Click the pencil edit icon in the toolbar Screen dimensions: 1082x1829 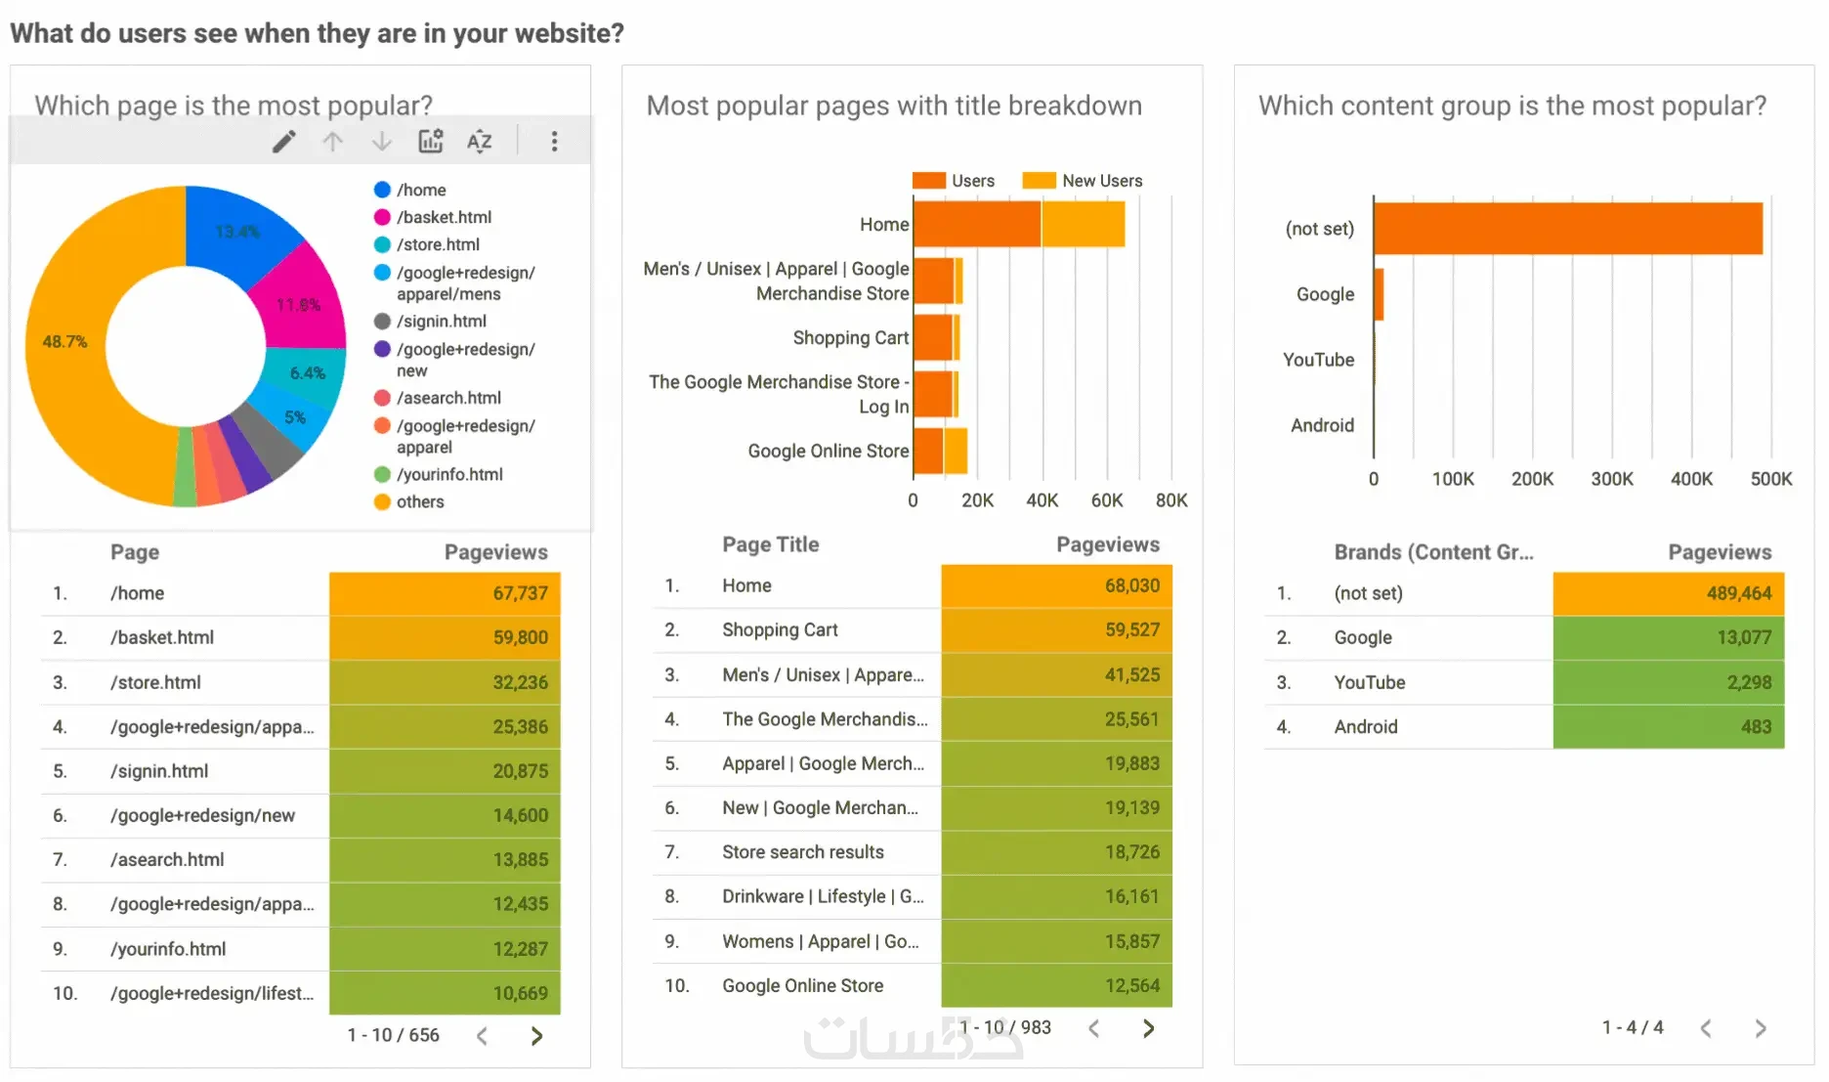pos(283,142)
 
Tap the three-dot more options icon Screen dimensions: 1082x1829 pos(554,142)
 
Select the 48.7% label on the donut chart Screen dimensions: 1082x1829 pos(64,341)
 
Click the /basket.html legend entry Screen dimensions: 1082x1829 pos(444,217)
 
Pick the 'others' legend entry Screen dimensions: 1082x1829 pos(420,501)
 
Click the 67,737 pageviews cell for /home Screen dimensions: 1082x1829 pos(445,593)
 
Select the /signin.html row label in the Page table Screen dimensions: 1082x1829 pos(159,771)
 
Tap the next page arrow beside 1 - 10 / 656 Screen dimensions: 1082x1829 pos(536,1035)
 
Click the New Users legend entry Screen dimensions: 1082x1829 pos(1101,181)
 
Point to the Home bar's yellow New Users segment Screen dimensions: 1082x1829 pos(1083,224)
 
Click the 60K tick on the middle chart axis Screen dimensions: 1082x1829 pos(1106,500)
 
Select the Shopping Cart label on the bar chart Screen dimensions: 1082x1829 pos(850,337)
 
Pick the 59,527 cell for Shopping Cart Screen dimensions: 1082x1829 pos(1056,630)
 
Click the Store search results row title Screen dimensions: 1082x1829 pos(802,852)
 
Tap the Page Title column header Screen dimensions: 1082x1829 pos(770,544)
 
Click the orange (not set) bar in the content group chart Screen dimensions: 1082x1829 pos(1567,229)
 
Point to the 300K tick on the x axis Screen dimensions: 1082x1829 pos(1611,479)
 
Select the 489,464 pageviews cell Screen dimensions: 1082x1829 pos(1668,593)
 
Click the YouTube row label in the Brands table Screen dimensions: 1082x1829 pos(1369,682)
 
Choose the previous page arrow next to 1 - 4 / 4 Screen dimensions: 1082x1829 pos(1706,1028)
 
